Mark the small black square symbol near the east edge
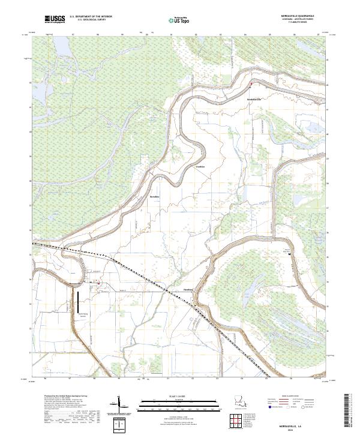tap(291, 254)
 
